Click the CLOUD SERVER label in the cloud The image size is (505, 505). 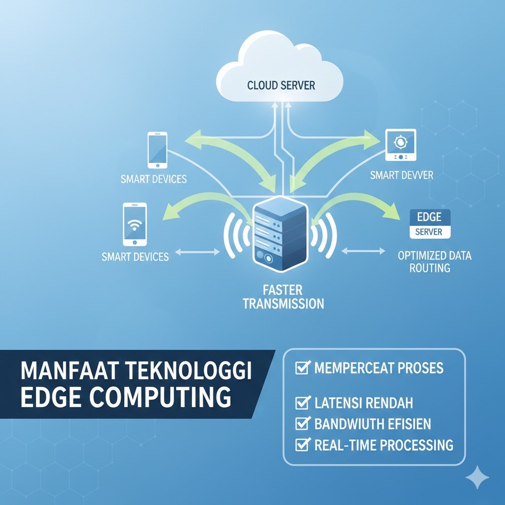(281, 85)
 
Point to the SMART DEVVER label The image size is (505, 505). (401, 175)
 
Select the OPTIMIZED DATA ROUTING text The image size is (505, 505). (434, 262)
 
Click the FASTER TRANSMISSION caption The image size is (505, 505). (284, 296)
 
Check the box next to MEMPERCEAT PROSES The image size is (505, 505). (301, 368)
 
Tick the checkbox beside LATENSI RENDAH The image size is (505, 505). (301, 403)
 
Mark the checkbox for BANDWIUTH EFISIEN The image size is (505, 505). (301, 424)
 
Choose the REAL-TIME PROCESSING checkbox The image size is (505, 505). (301, 445)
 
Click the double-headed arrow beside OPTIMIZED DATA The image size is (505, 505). (363, 252)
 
